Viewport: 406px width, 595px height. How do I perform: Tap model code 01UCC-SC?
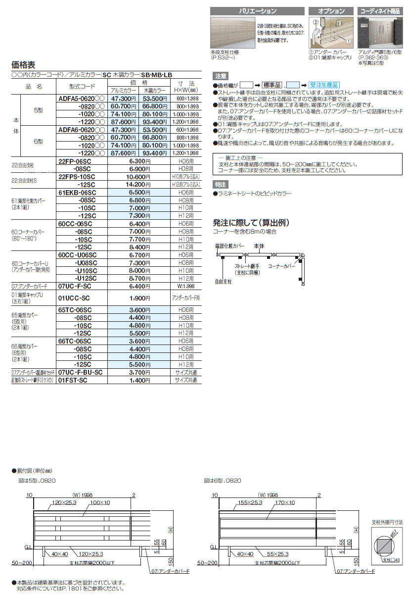coord(74,298)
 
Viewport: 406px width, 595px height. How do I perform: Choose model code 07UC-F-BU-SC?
coord(80,372)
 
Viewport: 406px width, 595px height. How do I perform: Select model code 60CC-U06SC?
coord(78,255)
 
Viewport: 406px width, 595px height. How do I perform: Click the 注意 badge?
coord(221,76)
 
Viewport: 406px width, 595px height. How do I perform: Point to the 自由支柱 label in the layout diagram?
coord(223,281)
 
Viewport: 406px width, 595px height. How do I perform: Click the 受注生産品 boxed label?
coord(326,85)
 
